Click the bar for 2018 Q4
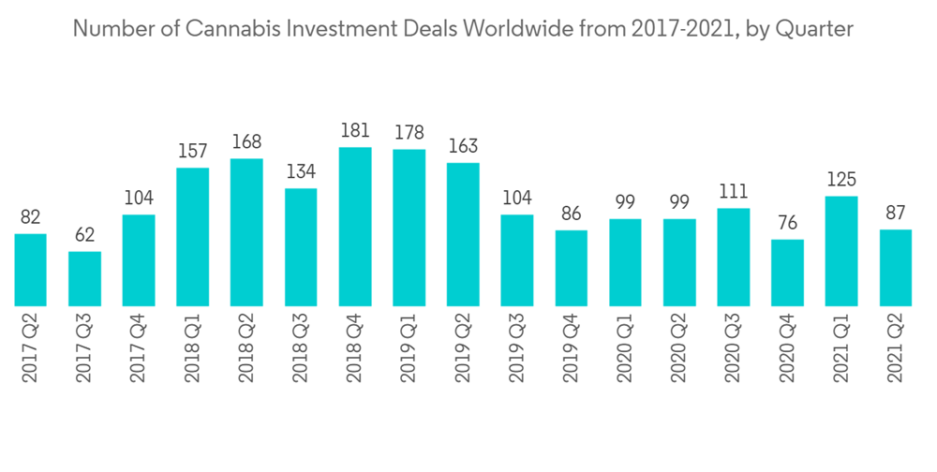355,227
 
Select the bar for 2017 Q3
84,278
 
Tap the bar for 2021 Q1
841,251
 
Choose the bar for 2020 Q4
787,273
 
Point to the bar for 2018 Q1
192,237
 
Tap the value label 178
409,134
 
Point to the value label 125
841,180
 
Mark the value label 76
787,224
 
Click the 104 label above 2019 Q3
517,199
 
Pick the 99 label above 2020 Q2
679,203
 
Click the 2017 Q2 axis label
31,349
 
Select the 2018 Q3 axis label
302,349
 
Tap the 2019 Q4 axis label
572,349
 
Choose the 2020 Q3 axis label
734,349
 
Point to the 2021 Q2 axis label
896,349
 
